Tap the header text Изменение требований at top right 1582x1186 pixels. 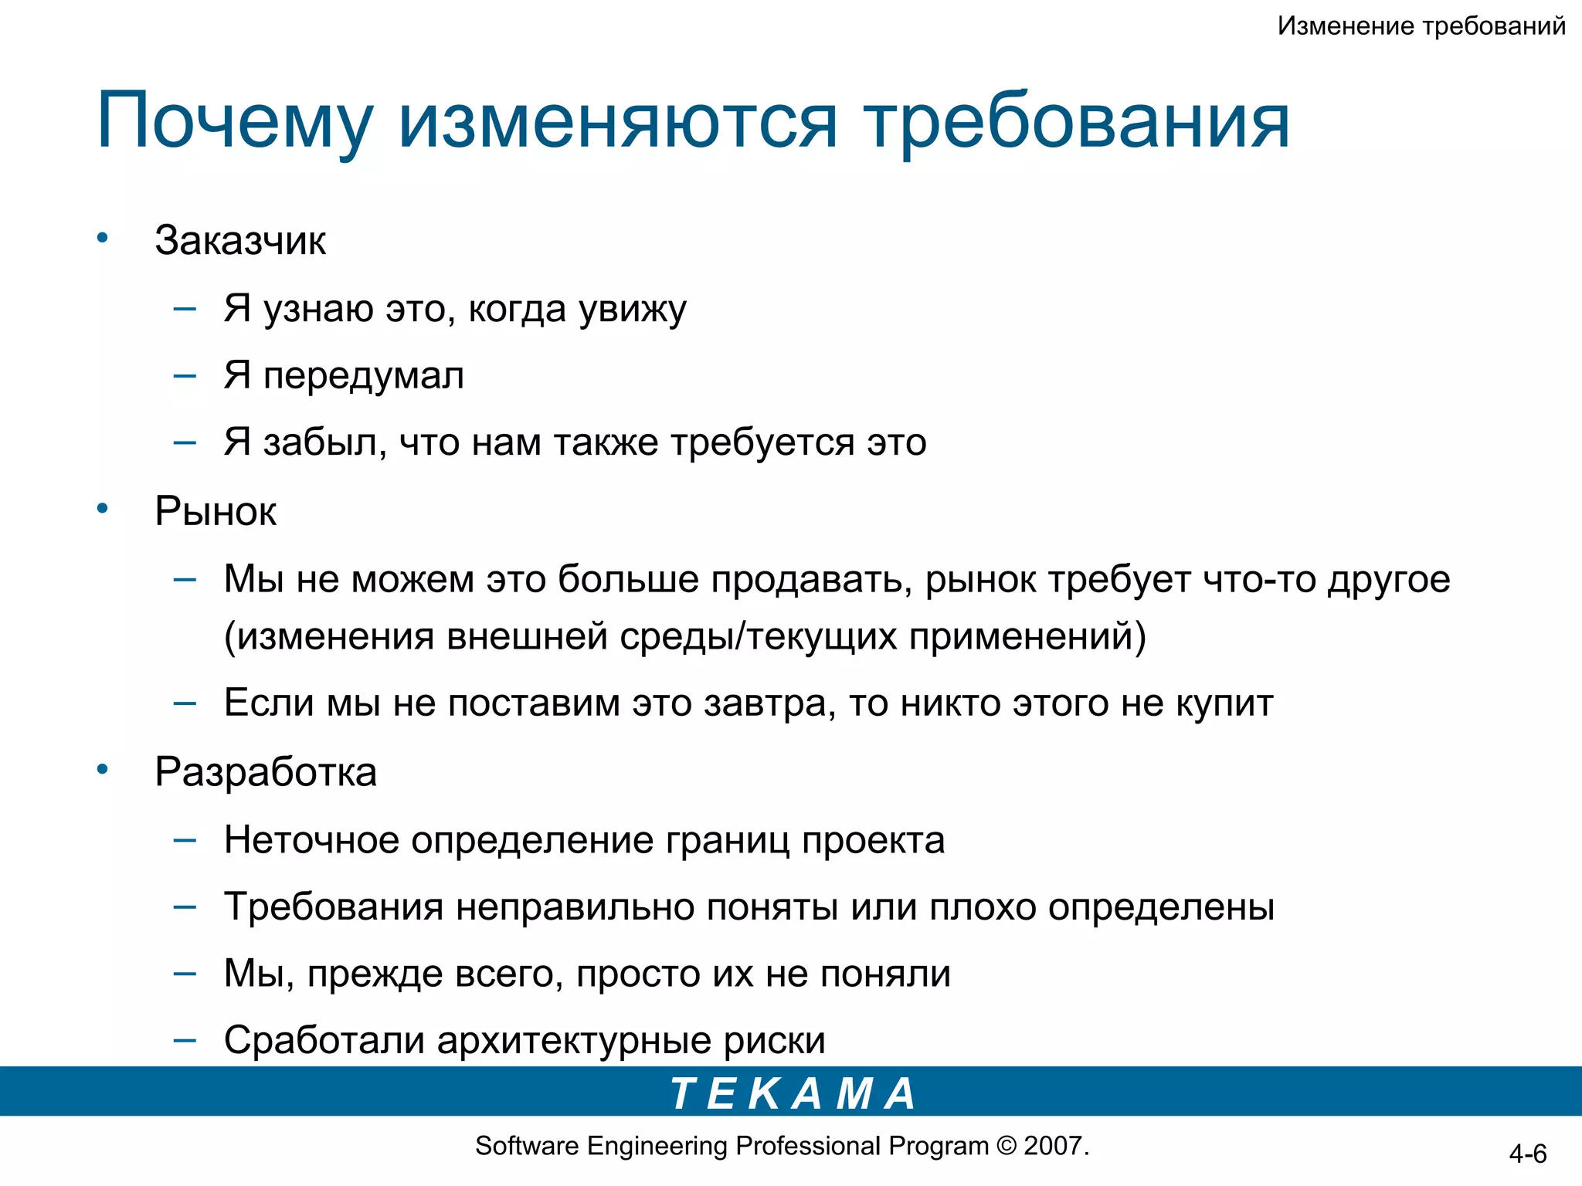tap(1421, 26)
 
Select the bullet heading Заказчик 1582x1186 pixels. tap(240, 241)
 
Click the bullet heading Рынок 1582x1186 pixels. tap(216, 511)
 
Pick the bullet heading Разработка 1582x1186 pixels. tap(266, 772)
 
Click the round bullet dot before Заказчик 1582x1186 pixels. tap(102, 238)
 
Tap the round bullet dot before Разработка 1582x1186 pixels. tap(102, 769)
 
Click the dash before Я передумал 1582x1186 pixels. tap(185, 377)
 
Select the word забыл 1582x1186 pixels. tap(324, 443)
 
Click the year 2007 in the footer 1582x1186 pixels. tap(1054, 1146)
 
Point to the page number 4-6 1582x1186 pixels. tap(1527, 1154)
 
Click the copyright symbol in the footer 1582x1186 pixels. tap(1006, 1146)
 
